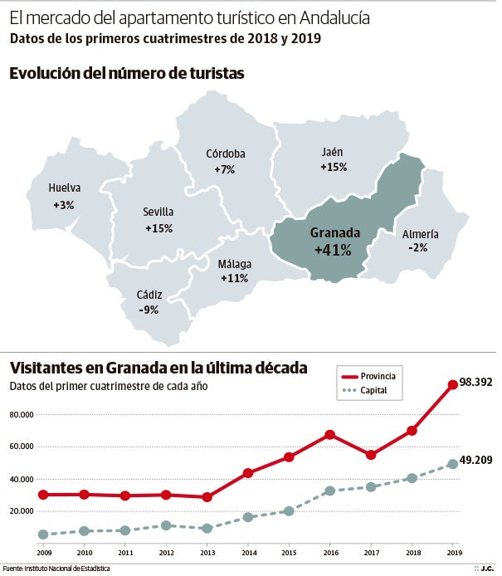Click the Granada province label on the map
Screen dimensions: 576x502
(334, 232)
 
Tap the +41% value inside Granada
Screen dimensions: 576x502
(333, 249)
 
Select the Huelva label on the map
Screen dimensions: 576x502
(65, 188)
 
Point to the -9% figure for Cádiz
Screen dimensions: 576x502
(149, 310)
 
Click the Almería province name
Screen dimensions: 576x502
(420, 234)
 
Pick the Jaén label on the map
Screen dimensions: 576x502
(332, 152)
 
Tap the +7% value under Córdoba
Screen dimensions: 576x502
(225, 169)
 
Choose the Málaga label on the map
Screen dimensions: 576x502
(234, 264)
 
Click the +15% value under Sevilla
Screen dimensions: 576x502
(158, 227)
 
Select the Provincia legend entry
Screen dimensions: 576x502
(378, 376)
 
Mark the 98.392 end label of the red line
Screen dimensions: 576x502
(475, 383)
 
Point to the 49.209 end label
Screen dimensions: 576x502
(475, 461)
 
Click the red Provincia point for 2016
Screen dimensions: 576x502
(330, 434)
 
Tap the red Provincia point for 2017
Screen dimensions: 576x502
(371, 455)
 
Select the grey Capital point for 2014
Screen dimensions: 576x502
(248, 517)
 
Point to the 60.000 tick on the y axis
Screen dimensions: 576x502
(21, 447)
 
